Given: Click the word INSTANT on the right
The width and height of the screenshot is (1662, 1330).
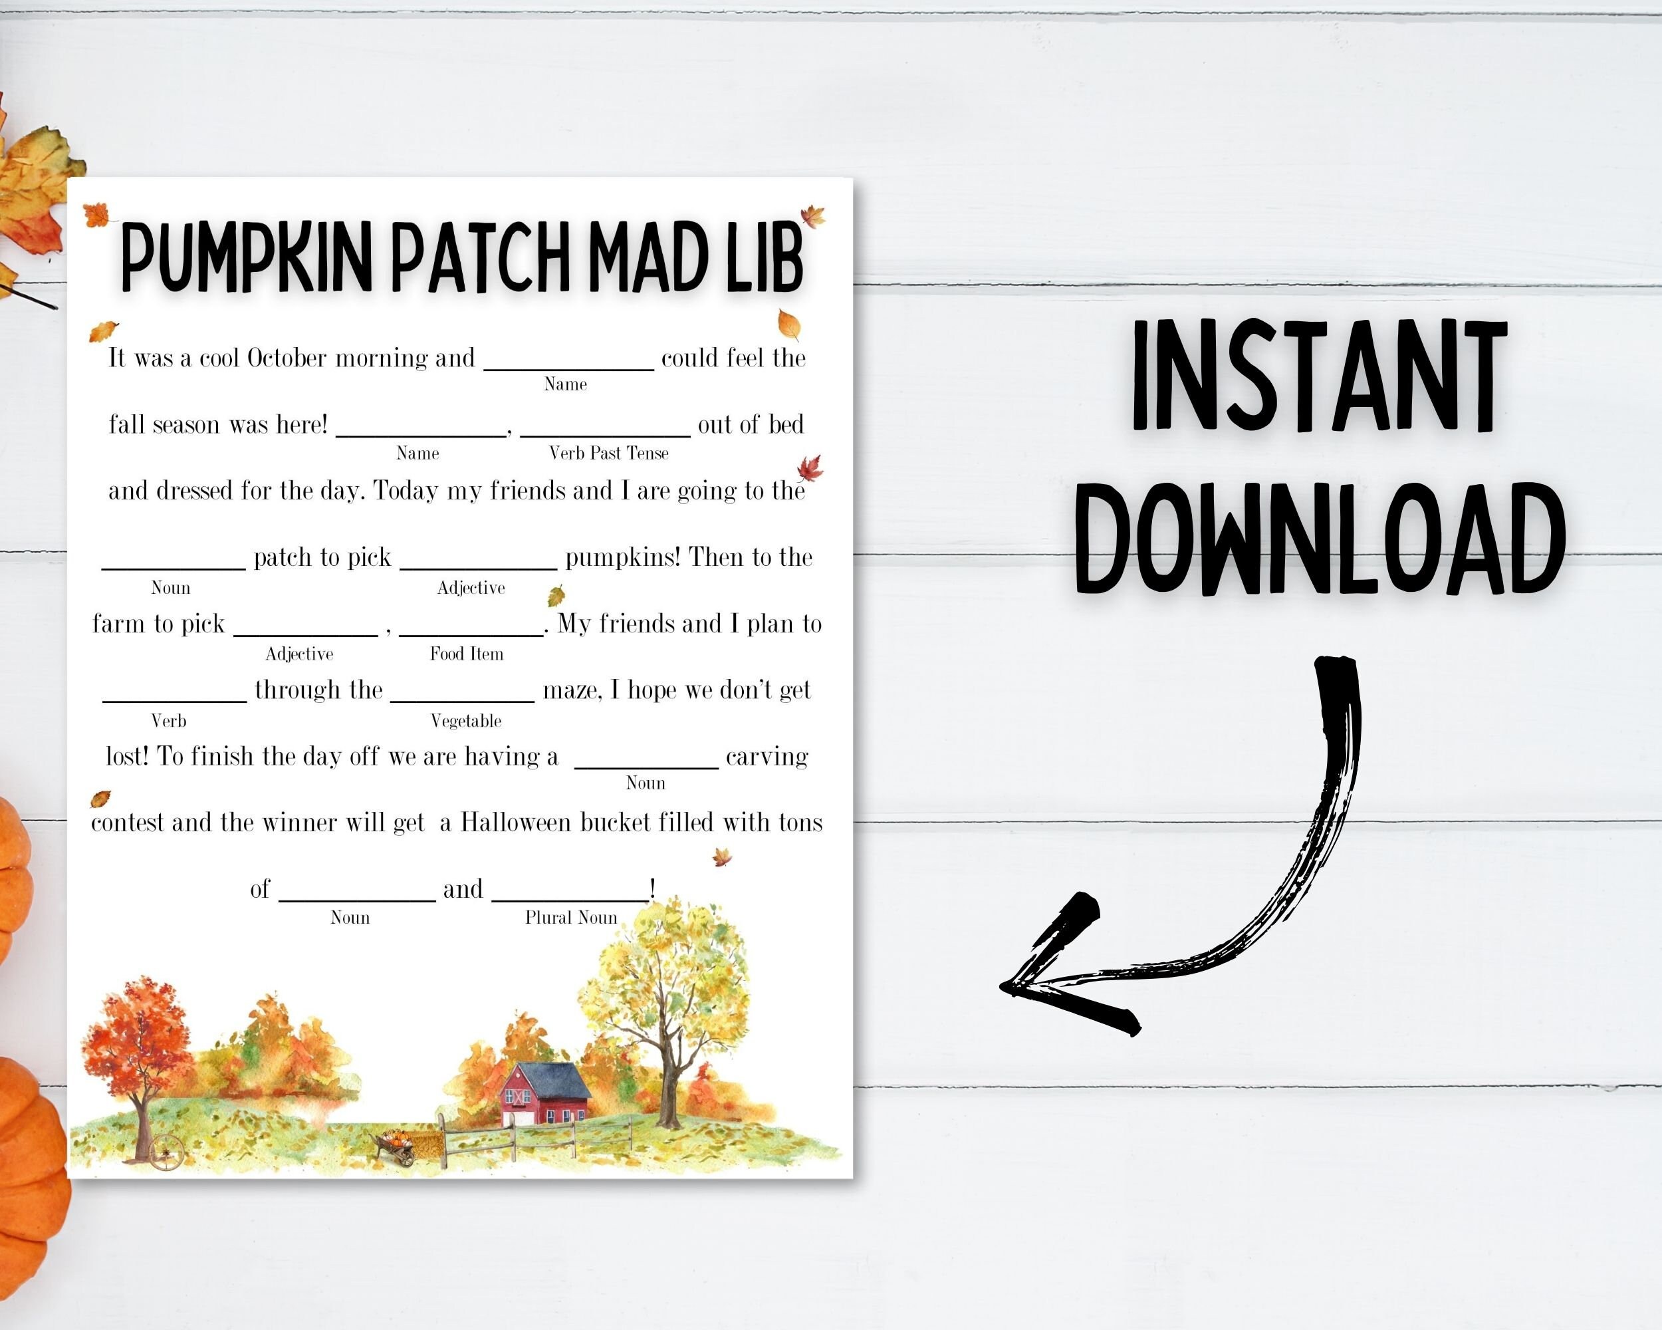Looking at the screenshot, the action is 1319,377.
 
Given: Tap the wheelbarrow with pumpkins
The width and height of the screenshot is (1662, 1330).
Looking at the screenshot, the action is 397,1146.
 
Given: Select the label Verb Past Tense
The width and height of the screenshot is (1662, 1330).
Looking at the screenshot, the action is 608,454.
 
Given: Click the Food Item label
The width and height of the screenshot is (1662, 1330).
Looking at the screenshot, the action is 467,654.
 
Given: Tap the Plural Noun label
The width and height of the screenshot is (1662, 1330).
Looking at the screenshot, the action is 571,918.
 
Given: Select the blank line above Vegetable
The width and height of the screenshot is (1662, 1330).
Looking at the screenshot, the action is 463,700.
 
